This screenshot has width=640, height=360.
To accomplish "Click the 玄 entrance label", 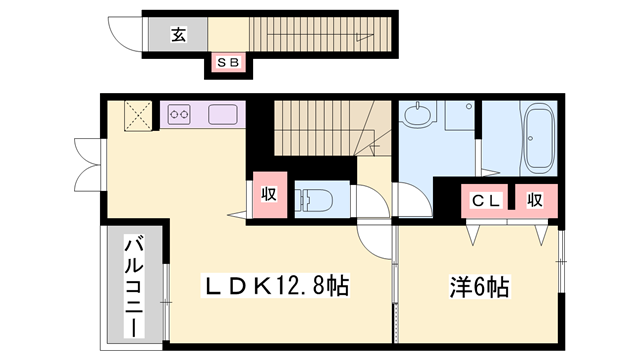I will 177,34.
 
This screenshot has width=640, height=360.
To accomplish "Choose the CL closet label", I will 486,200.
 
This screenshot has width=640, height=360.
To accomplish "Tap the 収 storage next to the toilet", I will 268,194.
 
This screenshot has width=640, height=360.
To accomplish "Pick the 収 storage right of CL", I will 535,200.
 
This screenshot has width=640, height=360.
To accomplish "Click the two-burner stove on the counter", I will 180,115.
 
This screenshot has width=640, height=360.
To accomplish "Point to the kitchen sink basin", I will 222,115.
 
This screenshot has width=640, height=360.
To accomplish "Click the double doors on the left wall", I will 87,164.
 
